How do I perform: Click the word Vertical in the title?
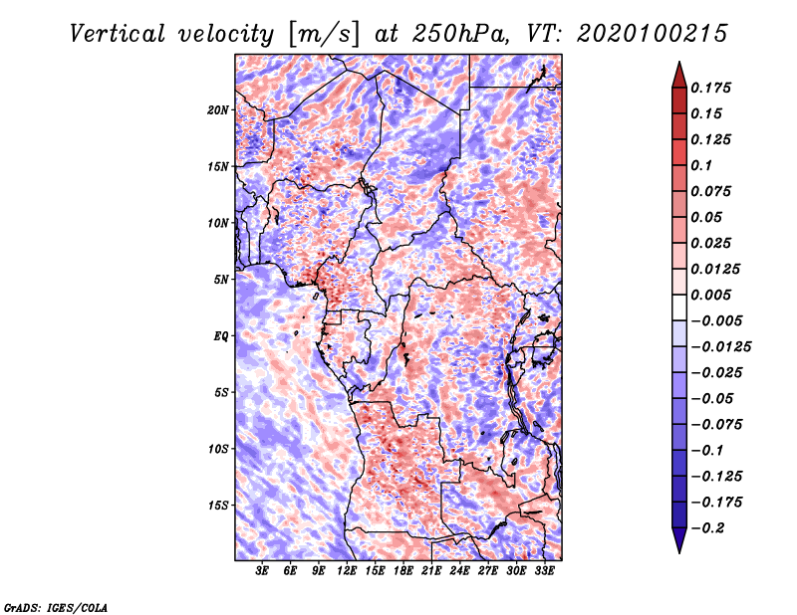pos(118,34)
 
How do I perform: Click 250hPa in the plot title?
pos(457,34)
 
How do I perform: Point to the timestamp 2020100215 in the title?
pos(653,34)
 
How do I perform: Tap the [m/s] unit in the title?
pos(324,35)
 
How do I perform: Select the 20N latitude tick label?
pos(218,110)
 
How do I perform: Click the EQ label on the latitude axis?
pos(221,336)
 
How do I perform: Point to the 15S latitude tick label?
pos(218,506)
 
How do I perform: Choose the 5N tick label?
pos(221,280)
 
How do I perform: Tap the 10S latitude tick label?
pos(218,449)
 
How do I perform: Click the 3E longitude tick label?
pos(262,571)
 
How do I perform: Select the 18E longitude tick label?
pos(403,571)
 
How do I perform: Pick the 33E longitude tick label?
pos(544,571)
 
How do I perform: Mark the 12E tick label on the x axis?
pos(347,571)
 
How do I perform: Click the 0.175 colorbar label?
pos(710,88)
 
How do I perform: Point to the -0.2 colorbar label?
pos(707,528)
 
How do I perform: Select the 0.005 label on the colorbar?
pos(710,295)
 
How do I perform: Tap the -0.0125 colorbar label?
pos(720,347)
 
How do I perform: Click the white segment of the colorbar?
pos(679,307)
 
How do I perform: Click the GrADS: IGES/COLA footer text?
pos(56,608)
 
